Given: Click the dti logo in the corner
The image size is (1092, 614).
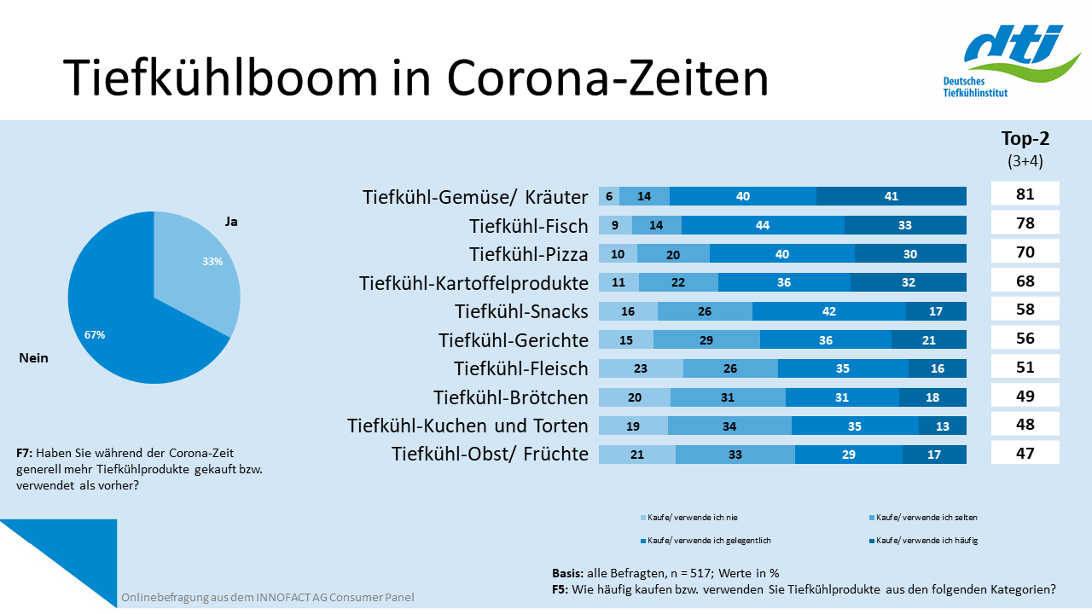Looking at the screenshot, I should pyautogui.click(x=1015, y=60).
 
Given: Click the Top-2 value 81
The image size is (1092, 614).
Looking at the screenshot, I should pyautogui.click(x=1025, y=194).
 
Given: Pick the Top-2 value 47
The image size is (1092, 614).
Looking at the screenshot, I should pyautogui.click(x=1025, y=453).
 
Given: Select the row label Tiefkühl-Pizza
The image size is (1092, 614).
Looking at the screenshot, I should pyautogui.click(x=528, y=254).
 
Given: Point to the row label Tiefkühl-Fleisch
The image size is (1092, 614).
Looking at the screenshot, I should pyautogui.click(x=520, y=368).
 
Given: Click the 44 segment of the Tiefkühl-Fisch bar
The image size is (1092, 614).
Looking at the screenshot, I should pyautogui.click(x=763, y=225).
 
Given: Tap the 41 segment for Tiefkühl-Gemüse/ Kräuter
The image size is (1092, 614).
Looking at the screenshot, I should pyautogui.click(x=891, y=196).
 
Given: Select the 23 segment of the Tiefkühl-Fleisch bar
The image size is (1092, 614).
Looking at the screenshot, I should pyautogui.click(x=641, y=368).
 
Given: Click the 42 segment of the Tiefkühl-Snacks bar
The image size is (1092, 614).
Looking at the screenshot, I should pyautogui.click(x=828, y=311).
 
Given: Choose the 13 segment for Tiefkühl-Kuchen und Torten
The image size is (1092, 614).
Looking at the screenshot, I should pyautogui.click(x=942, y=426).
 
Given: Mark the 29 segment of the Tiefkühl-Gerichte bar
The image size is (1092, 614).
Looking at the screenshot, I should pyautogui.click(x=706, y=340).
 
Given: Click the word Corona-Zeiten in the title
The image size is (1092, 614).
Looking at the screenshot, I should pyautogui.click(x=607, y=78).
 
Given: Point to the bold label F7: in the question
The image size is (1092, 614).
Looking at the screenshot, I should pyautogui.click(x=25, y=453).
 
